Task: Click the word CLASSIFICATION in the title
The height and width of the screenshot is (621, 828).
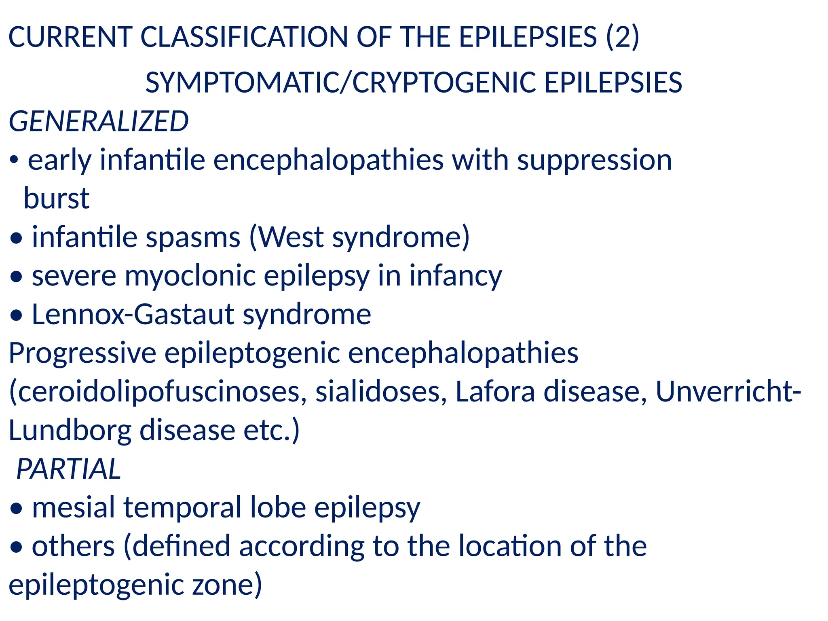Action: (244, 37)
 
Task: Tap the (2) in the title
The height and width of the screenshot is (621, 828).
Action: (623, 37)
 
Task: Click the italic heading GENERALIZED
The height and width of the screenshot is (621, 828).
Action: (99, 121)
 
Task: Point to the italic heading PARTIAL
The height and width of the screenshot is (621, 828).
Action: (69, 469)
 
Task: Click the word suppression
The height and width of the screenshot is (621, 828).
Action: (594, 160)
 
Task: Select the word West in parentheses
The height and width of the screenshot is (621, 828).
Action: (290, 237)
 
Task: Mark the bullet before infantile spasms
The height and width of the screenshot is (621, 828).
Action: (16, 238)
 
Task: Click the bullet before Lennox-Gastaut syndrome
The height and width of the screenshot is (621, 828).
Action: (16, 316)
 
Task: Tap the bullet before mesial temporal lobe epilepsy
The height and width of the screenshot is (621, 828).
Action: (16, 509)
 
